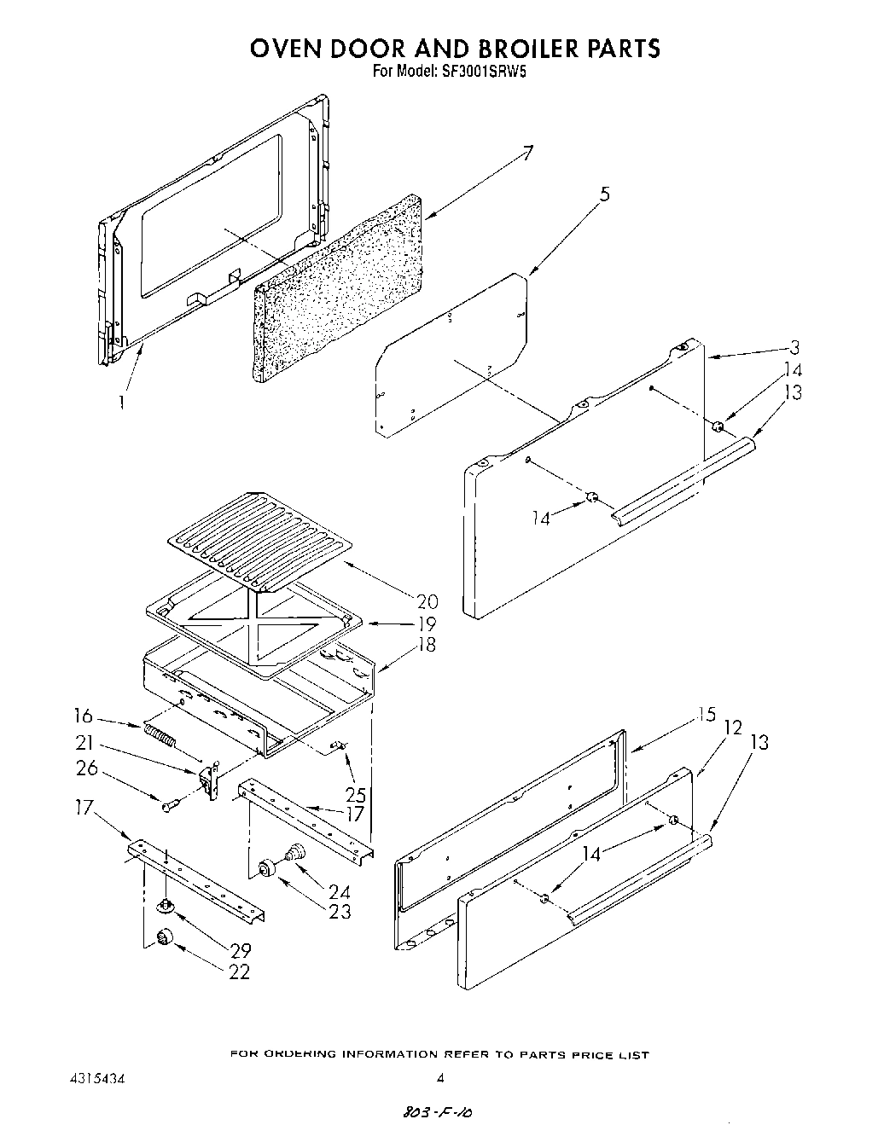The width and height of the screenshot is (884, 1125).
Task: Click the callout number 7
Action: [528, 154]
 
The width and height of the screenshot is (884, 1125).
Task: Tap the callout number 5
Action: [604, 194]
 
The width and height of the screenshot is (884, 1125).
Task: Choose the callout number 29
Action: [240, 949]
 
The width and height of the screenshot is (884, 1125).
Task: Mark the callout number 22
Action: [240, 971]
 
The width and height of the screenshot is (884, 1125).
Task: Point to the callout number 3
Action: [794, 347]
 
